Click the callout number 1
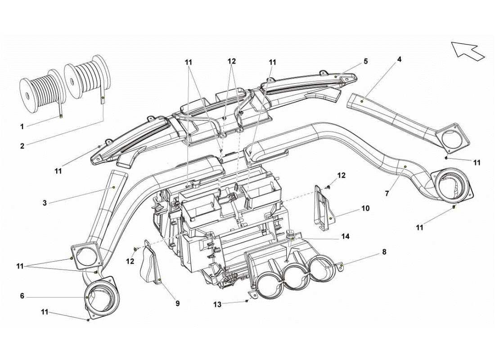click(22, 127)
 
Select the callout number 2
click(22, 145)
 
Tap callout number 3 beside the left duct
click(45, 203)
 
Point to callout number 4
click(399, 59)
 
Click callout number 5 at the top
click(365, 61)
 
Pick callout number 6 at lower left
click(22, 296)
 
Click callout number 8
click(384, 252)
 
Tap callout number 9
click(177, 304)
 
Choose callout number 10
click(365, 208)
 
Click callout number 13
click(217, 305)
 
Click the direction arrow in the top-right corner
click(467, 49)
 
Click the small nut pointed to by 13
click(247, 301)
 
